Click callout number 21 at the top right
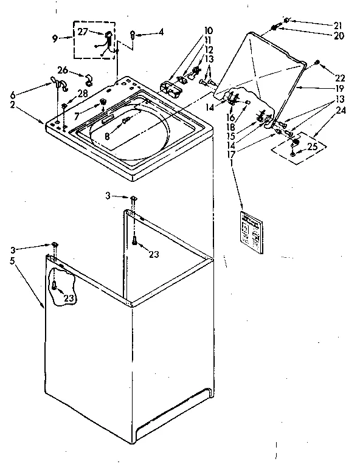coord(338,25)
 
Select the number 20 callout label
coord(338,35)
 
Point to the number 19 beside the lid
coord(338,88)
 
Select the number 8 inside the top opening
coord(107,137)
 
